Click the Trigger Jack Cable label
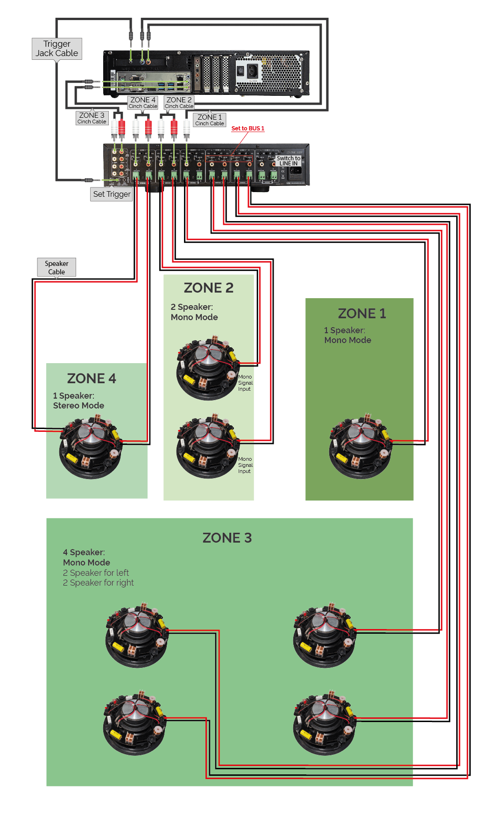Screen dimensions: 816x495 (57, 49)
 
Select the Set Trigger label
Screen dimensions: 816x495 (112, 194)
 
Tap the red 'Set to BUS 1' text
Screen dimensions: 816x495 (247, 129)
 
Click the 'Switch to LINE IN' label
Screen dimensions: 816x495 (289, 161)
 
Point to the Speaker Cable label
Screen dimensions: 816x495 (57, 268)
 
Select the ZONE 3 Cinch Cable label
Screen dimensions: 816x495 (92, 118)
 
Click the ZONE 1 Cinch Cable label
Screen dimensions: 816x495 (210, 120)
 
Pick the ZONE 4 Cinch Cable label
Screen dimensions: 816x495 (143, 102)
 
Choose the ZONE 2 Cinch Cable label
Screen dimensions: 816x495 (179, 102)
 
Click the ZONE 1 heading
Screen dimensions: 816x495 (362, 314)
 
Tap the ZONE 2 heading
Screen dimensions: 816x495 (208, 288)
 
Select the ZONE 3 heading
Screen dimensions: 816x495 (227, 538)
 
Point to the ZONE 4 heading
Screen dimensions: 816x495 (92, 379)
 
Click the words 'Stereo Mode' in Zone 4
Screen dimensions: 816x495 (78, 406)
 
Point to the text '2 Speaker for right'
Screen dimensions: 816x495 (98, 583)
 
